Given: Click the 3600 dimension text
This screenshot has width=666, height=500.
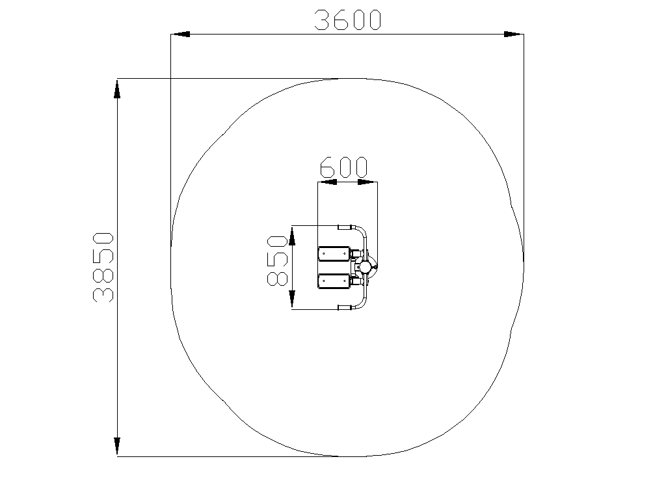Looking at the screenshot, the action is tap(347, 20).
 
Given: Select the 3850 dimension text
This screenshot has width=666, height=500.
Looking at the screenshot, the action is tap(103, 267).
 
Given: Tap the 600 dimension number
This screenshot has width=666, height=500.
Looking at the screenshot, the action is tap(343, 167).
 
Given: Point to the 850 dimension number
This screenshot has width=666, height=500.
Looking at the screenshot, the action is tap(277, 260).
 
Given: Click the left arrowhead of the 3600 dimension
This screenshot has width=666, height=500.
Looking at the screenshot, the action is tap(180, 34).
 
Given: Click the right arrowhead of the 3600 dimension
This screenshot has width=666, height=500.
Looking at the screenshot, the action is tap(514, 34).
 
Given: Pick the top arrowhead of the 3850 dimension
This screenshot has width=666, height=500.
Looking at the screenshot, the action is tap(117, 89).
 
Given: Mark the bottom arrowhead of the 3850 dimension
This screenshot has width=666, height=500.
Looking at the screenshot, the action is tap(117, 447).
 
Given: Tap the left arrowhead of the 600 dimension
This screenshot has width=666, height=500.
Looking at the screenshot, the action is tap(328, 182).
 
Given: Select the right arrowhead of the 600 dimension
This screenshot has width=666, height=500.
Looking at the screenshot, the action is tap(367, 182).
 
